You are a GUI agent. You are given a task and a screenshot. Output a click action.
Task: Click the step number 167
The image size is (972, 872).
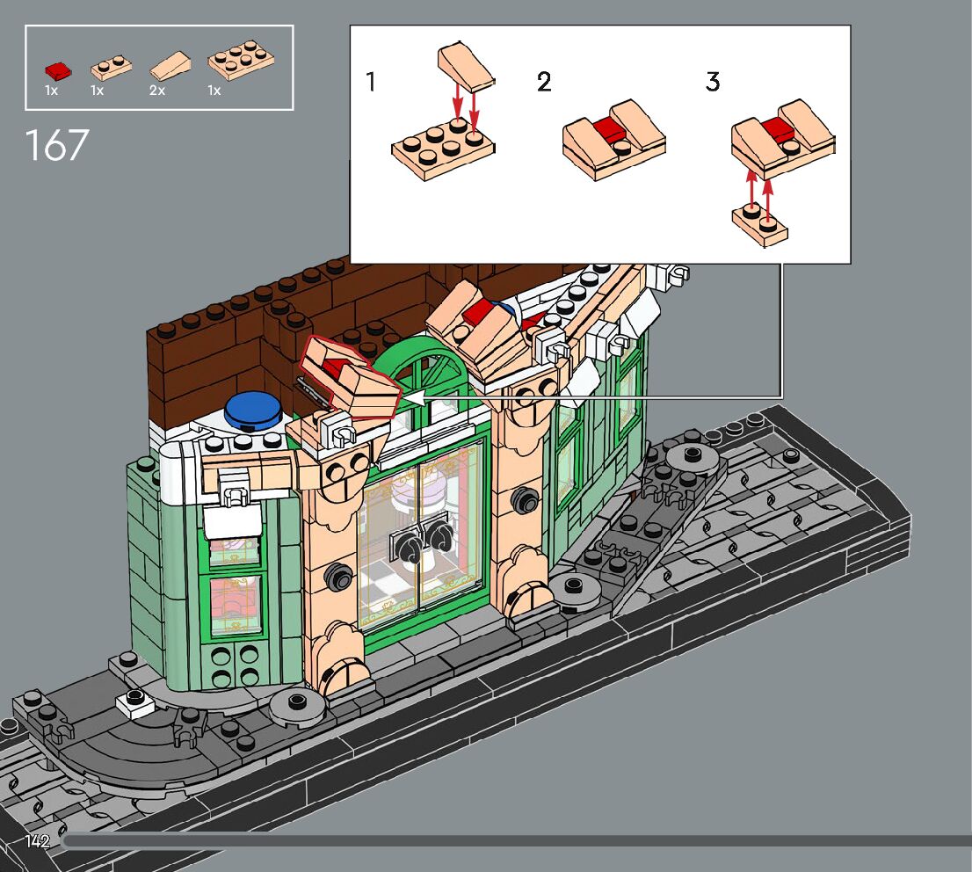click(x=57, y=146)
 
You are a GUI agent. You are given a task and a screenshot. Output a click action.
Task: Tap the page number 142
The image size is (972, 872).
click(x=37, y=841)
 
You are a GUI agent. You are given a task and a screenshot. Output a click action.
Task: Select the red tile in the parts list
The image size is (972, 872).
click(x=58, y=70)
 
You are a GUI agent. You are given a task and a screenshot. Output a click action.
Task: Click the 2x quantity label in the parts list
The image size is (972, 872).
click(x=157, y=91)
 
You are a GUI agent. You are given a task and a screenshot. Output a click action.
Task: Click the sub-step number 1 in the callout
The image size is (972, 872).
click(x=371, y=83)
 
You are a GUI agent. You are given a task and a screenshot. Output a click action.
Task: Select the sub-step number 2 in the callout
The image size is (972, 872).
click(x=544, y=83)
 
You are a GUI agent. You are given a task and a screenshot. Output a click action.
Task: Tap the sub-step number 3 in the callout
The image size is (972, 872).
click(x=712, y=83)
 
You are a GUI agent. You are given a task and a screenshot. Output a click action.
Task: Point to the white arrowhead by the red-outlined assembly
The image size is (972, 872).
click(x=413, y=399)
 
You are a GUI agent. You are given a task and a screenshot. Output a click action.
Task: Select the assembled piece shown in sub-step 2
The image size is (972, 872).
click(x=613, y=140)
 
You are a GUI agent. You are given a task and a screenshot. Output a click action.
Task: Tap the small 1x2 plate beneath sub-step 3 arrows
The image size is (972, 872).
click(x=760, y=225)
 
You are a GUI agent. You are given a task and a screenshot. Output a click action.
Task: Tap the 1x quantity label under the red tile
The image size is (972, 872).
click(x=51, y=91)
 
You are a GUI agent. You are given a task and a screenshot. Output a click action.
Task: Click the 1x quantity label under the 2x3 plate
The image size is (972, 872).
click(x=214, y=91)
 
